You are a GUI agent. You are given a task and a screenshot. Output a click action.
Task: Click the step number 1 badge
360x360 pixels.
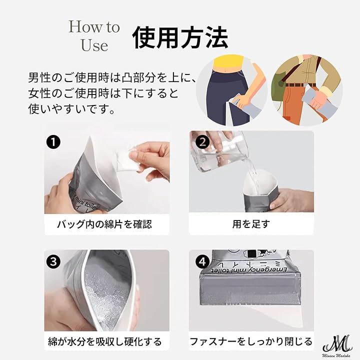point(53,142)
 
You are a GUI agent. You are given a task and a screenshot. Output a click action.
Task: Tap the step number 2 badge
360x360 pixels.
point(202,142)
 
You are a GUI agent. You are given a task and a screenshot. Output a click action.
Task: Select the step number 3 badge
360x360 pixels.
point(53,261)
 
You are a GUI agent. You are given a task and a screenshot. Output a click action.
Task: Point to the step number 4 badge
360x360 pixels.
point(202,261)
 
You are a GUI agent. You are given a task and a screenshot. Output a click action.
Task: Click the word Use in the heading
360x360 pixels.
point(94,45)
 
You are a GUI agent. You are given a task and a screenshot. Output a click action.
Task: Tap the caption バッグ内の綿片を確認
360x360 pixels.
point(104,224)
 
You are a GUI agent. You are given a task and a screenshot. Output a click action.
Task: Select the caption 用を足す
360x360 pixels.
point(251,224)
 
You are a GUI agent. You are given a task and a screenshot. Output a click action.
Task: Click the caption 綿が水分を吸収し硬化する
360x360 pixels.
point(105,341)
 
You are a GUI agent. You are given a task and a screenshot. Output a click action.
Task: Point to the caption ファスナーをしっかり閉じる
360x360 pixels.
point(251,341)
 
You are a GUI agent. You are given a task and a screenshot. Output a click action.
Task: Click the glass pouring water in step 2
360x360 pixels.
point(218,153)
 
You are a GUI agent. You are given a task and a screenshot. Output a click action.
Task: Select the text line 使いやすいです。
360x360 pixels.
point(71,109)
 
